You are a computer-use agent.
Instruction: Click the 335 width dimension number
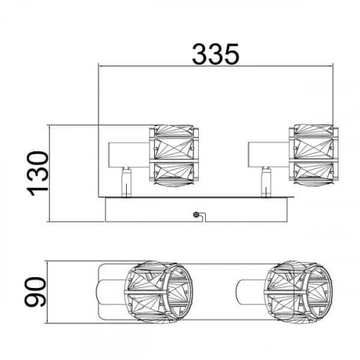point(215,54)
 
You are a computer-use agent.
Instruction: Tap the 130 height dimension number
point(37,174)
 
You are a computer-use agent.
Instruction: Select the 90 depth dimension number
point(35,292)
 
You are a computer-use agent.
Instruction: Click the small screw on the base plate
point(197,215)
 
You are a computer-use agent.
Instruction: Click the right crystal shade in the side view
point(314,156)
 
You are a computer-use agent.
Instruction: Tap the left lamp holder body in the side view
point(129,155)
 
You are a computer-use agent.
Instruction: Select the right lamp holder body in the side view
point(269,154)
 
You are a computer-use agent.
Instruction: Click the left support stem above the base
point(126,182)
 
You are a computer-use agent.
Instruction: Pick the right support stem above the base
point(266,182)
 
